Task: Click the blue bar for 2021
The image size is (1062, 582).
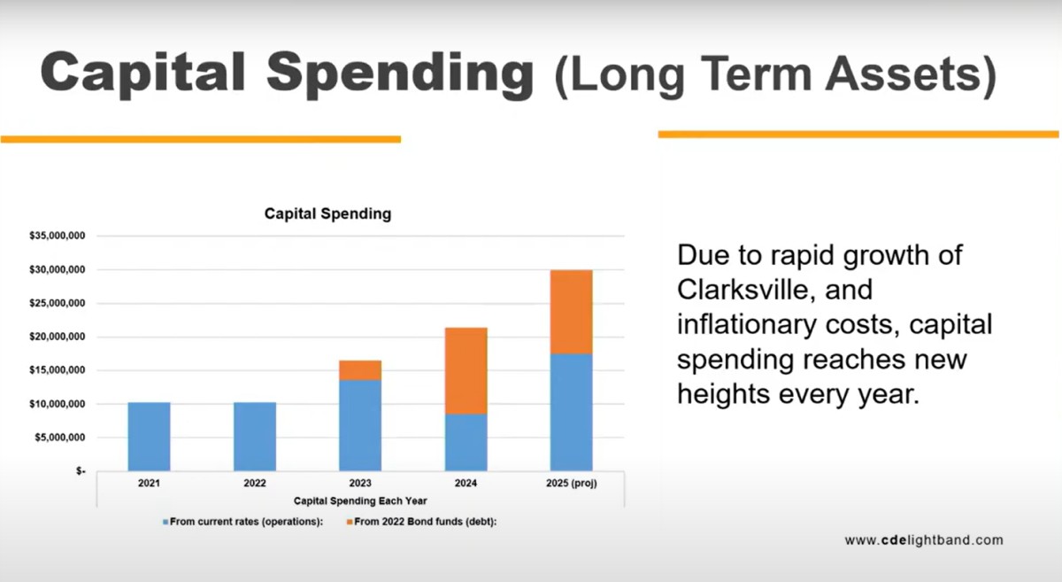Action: (149, 437)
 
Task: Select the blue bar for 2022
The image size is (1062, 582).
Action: (255, 437)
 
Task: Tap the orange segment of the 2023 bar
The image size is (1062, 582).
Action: (360, 370)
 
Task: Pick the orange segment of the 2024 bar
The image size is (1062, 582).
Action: (466, 371)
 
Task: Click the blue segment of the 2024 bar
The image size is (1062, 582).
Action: (466, 442)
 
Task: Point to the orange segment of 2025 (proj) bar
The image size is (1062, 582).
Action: (572, 312)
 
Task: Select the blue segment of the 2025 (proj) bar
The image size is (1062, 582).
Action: (572, 413)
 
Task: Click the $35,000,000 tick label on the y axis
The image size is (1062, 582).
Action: (58, 236)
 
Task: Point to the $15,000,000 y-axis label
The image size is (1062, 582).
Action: (58, 370)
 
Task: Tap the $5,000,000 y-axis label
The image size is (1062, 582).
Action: (60, 438)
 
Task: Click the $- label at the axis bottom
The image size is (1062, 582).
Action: (81, 471)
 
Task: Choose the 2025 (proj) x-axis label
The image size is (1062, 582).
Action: (572, 484)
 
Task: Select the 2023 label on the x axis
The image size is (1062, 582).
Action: (360, 484)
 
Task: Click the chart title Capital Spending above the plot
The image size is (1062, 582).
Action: (328, 214)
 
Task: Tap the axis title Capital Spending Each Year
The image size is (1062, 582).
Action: (360, 501)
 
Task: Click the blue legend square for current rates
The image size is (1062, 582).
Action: (165, 522)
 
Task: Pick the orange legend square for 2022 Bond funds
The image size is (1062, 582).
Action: (350, 522)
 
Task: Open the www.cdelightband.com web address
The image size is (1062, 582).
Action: (924, 540)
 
